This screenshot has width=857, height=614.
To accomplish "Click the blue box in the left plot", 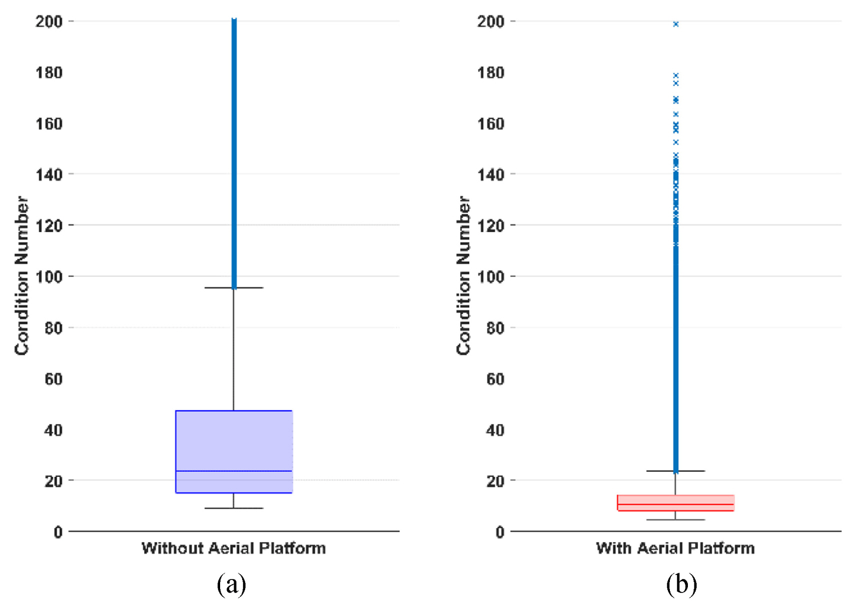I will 234,440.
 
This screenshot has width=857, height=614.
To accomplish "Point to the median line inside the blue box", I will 234,471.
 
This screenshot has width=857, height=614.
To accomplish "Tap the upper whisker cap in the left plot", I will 234,288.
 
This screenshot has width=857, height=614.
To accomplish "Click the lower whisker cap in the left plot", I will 234,508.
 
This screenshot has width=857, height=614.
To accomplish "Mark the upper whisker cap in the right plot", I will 675,471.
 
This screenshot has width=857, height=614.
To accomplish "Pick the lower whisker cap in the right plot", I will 675,520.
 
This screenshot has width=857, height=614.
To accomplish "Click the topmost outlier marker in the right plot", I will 675,24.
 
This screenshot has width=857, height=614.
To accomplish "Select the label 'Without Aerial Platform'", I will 234,548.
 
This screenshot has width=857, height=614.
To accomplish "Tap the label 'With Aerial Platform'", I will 675,548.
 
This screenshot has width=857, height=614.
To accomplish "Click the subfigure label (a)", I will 231,584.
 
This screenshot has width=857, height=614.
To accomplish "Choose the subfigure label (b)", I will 681,584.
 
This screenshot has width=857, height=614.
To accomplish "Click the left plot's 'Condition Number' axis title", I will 22,276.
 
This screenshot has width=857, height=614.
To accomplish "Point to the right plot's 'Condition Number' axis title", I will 463,276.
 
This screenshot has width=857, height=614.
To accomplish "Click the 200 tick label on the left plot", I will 49,22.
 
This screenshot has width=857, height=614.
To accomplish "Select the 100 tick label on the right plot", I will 490,277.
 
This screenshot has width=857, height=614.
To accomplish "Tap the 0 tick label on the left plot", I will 58,532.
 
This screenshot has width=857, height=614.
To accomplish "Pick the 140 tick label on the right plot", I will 490,175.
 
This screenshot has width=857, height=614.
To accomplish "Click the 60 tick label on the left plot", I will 54,379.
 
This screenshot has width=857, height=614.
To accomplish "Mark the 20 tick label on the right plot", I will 495,481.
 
